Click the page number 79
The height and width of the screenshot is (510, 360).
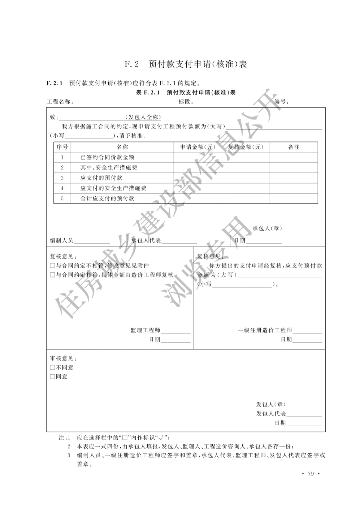click(311, 474)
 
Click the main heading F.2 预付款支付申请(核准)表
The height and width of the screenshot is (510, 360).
click(186, 64)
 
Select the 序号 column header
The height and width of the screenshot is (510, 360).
click(62, 147)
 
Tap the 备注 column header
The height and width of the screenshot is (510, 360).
click(294, 147)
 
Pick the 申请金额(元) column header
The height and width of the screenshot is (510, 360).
click(198, 147)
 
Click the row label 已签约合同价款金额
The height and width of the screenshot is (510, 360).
click(107, 157)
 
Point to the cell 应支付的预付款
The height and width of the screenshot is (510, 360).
click(101, 178)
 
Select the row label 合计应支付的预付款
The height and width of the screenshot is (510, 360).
click(107, 198)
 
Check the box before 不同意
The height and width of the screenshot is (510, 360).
click(52, 368)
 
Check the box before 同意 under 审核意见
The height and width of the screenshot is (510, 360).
click(52, 377)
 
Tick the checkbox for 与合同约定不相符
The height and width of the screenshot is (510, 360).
click(52, 266)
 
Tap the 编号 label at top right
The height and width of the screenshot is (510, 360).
click(281, 102)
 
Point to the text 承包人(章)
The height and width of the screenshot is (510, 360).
click(267, 228)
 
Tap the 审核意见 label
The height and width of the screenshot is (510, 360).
click(62, 358)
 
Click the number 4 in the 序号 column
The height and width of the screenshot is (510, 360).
click(62, 188)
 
